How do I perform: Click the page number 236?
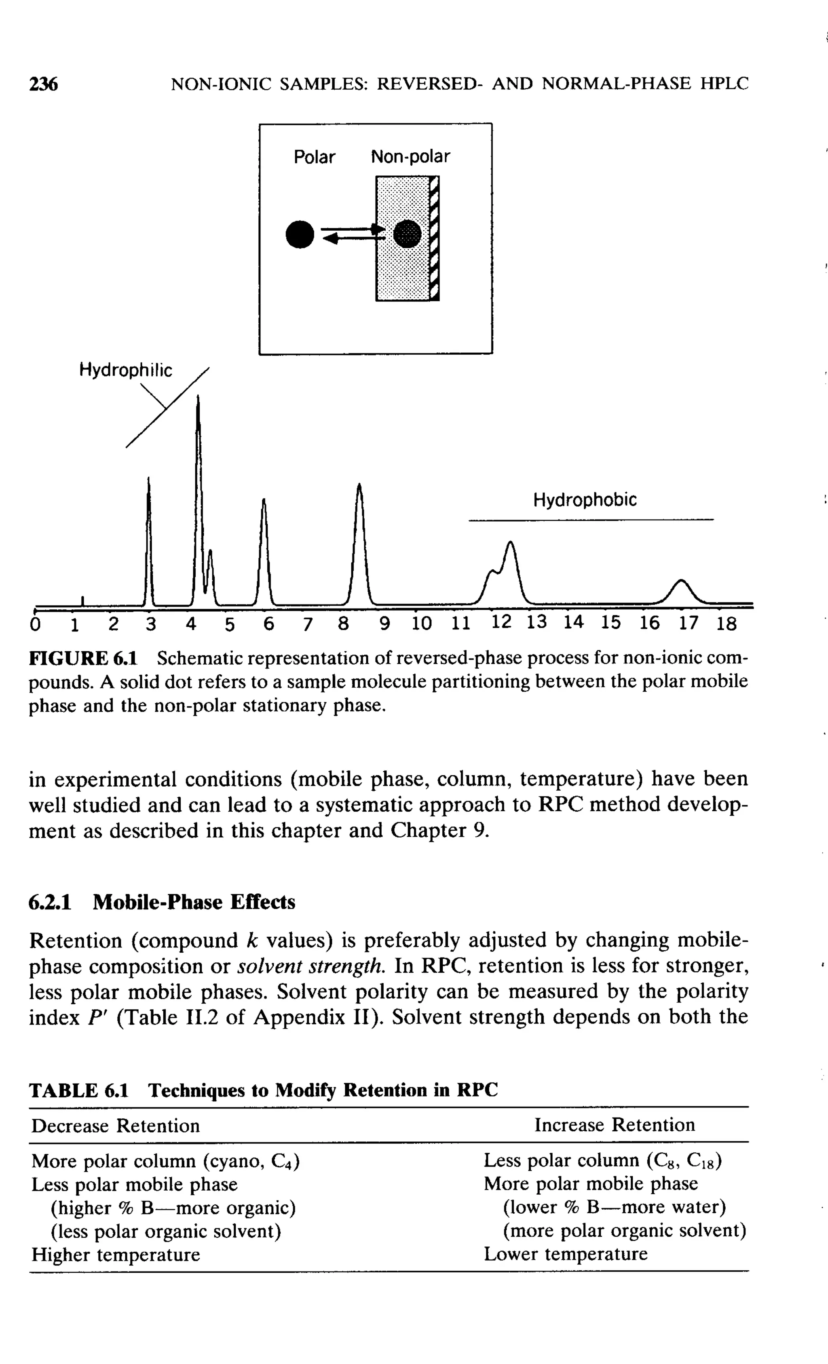(x=43, y=84)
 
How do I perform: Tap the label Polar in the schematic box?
(x=314, y=157)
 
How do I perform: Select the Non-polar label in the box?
(x=410, y=157)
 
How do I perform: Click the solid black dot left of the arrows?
(x=300, y=235)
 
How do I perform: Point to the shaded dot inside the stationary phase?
(x=407, y=234)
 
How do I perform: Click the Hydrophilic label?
(x=126, y=370)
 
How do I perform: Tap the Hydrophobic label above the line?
(x=585, y=500)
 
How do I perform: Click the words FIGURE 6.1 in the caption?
(x=83, y=658)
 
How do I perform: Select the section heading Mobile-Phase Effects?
(x=194, y=902)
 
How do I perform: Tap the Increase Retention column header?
(x=614, y=1125)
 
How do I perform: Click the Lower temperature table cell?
(x=566, y=1254)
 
